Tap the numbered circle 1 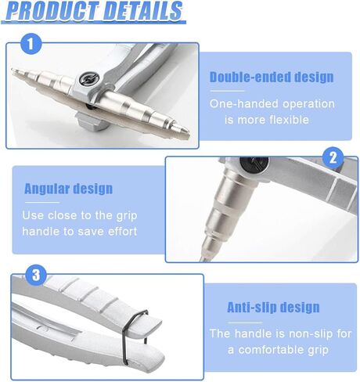31,44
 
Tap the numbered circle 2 333,158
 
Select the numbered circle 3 36,275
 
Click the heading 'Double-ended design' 272,77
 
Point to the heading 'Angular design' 68,189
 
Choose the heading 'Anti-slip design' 273,307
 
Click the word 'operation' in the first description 309,104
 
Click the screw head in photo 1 89,78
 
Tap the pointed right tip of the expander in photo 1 187,130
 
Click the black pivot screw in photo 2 254,164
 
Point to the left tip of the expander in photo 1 13,70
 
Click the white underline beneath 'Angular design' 42,203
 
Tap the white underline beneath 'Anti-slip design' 245,323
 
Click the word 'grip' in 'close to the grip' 127,216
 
